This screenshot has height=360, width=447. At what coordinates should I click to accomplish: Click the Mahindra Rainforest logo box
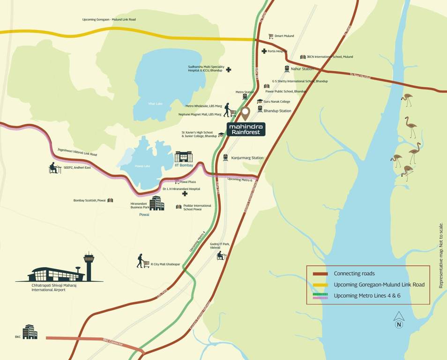[246, 129]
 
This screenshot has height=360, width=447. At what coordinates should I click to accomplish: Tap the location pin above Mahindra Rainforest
[246, 113]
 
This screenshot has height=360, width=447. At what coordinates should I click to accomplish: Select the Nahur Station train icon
[287, 69]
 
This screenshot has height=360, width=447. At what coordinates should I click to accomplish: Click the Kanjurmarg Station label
[247, 158]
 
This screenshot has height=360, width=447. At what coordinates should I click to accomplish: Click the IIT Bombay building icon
[184, 157]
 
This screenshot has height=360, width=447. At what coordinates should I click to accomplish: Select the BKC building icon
[30, 331]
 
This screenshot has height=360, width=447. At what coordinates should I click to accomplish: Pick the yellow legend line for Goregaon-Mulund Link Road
[320, 285]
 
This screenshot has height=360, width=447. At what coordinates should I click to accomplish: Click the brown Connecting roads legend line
[320, 274]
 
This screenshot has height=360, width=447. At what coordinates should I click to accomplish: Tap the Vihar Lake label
[155, 104]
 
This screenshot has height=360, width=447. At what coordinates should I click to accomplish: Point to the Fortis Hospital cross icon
[264, 51]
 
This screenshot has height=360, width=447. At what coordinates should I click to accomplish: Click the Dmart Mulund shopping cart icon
[271, 36]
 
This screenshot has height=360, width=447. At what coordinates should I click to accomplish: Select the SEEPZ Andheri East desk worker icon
[55, 168]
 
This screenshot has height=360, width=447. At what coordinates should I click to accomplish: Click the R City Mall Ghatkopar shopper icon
[143, 261]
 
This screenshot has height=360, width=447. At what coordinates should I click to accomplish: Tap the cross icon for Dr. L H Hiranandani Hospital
[185, 194]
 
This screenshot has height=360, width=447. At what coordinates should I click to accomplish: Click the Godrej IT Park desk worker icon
[221, 255]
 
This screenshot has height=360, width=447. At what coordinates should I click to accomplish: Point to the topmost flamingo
[407, 99]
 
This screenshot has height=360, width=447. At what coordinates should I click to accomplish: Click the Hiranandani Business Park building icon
[156, 203]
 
